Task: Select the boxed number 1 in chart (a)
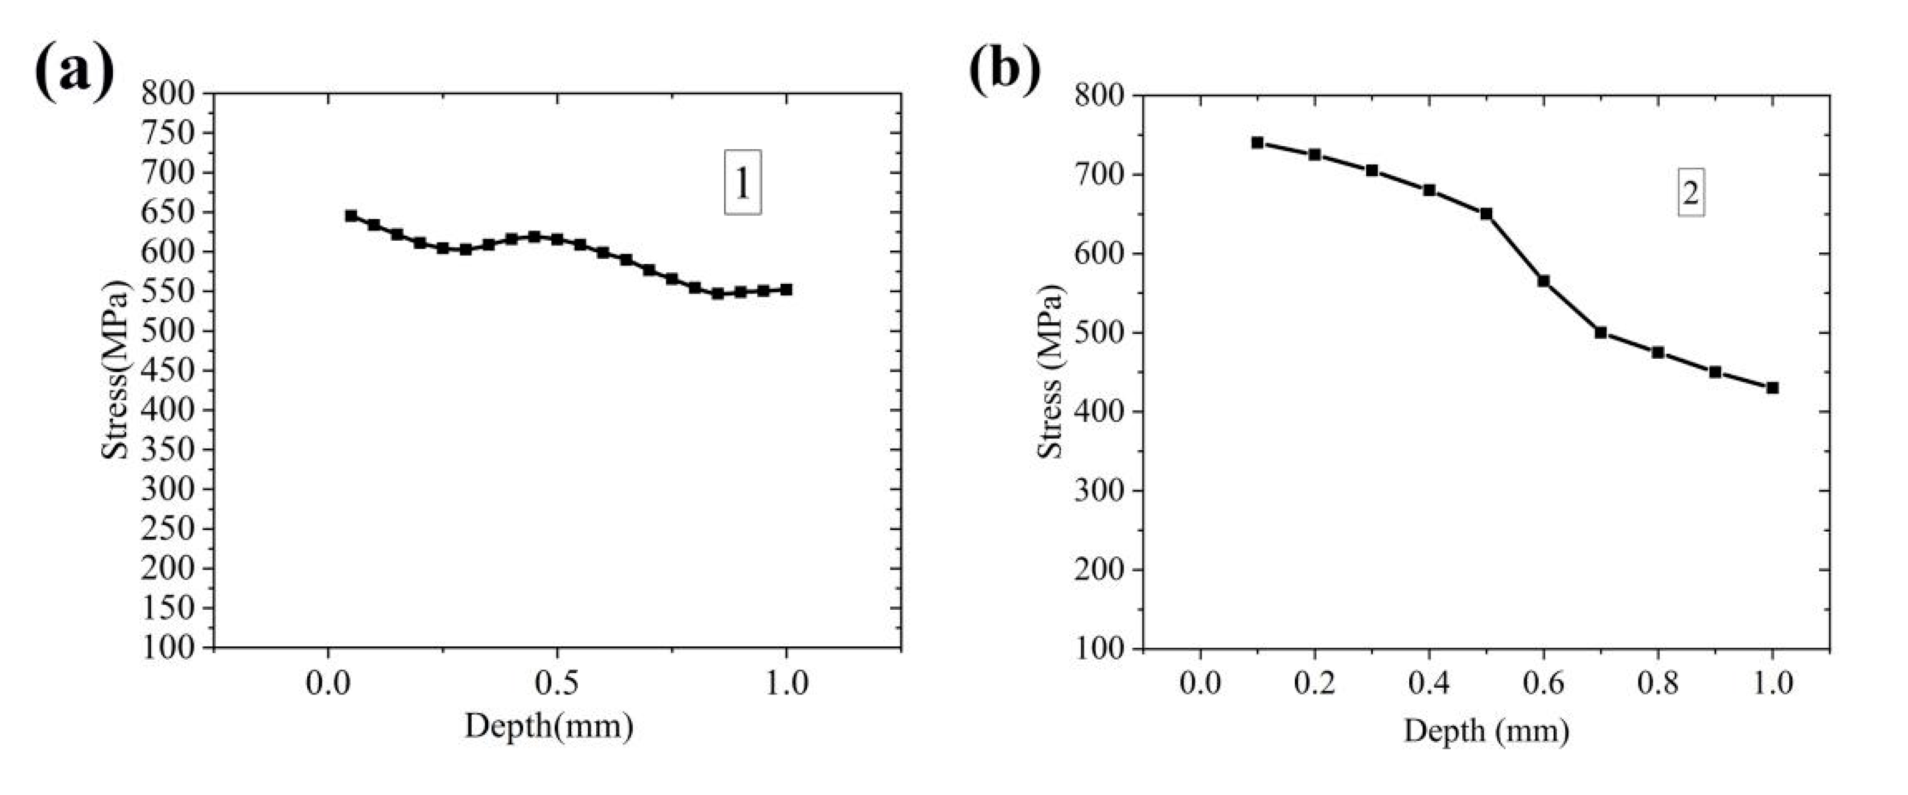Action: click(742, 183)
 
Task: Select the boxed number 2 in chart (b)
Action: click(1690, 193)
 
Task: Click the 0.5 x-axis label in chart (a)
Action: click(557, 684)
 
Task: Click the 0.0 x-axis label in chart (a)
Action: click(327, 684)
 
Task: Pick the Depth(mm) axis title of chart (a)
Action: click(549, 726)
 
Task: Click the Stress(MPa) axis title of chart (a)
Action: click(116, 370)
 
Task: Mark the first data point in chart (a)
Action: click(351, 216)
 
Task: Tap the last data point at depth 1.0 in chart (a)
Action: click(786, 289)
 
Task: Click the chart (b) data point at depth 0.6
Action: click(1543, 281)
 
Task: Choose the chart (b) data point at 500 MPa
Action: click(1601, 333)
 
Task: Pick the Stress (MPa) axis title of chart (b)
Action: click(1050, 370)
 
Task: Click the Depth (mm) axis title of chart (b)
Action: click(1486, 732)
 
